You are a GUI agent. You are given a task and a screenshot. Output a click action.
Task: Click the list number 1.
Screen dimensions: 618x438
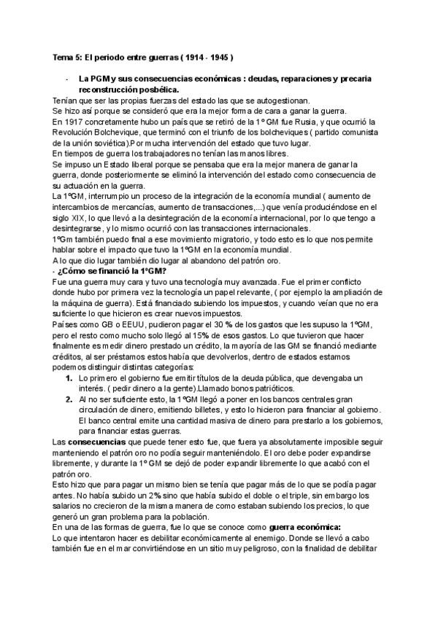click(69, 380)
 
